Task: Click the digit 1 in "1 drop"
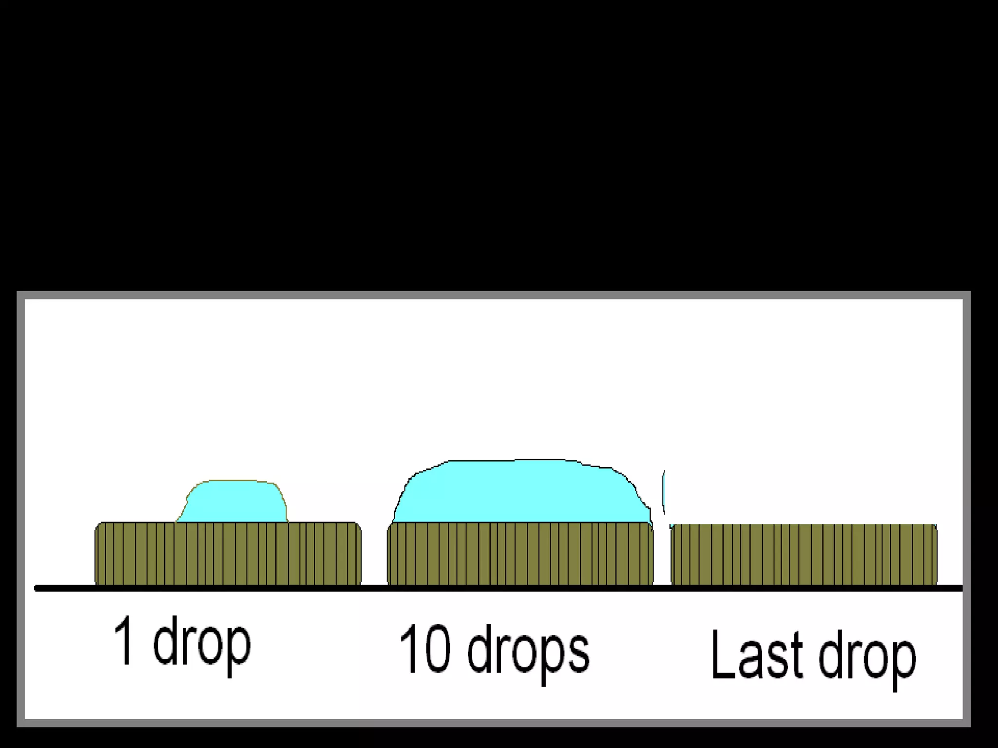click(123, 640)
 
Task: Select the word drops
click(528, 653)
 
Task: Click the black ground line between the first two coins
click(374, 588)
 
